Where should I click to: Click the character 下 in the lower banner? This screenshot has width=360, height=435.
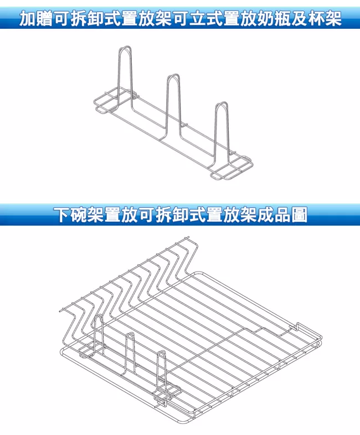pyautogui.click(x=63, y=215)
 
